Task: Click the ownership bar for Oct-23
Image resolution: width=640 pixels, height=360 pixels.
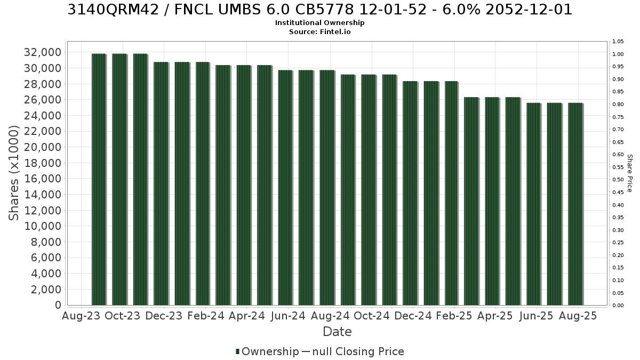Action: (x=119, y=179)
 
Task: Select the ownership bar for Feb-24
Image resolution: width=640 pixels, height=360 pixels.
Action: (x=203, y=183)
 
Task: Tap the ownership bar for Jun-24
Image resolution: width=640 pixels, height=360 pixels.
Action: (x=285, y=187)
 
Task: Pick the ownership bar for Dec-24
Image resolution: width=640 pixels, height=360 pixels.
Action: (x=410, y=193)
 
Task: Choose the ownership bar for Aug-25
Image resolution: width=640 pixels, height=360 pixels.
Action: (x=575, y=204)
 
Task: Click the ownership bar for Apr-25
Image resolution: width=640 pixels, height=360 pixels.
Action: (x=492, y=201)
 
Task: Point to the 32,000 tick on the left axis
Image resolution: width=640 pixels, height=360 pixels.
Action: (x=43, y=52)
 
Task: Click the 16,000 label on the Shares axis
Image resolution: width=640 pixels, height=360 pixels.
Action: (x=43, y=179)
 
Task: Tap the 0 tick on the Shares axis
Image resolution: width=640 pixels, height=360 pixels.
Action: (x=58, y=305)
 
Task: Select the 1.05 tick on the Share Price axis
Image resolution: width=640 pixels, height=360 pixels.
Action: (x=618, y=42)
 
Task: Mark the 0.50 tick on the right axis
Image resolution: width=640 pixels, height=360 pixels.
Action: (x=618, y=180)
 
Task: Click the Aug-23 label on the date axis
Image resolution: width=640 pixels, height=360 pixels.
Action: (x=81, y=316)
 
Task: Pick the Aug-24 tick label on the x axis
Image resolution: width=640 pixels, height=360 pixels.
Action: (x=330, y=316)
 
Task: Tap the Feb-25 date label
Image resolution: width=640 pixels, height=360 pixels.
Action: (x=454, y=316)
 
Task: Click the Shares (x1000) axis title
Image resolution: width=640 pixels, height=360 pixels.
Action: (x=14, y=173)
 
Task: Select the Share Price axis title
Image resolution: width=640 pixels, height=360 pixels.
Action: (x=630, y=173)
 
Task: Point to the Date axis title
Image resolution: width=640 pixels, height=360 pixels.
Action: (x=337, y=332)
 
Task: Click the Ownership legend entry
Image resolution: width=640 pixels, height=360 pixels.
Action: (x=267, y=351)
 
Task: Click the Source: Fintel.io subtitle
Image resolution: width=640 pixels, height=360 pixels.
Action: (x=319, y=31)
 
